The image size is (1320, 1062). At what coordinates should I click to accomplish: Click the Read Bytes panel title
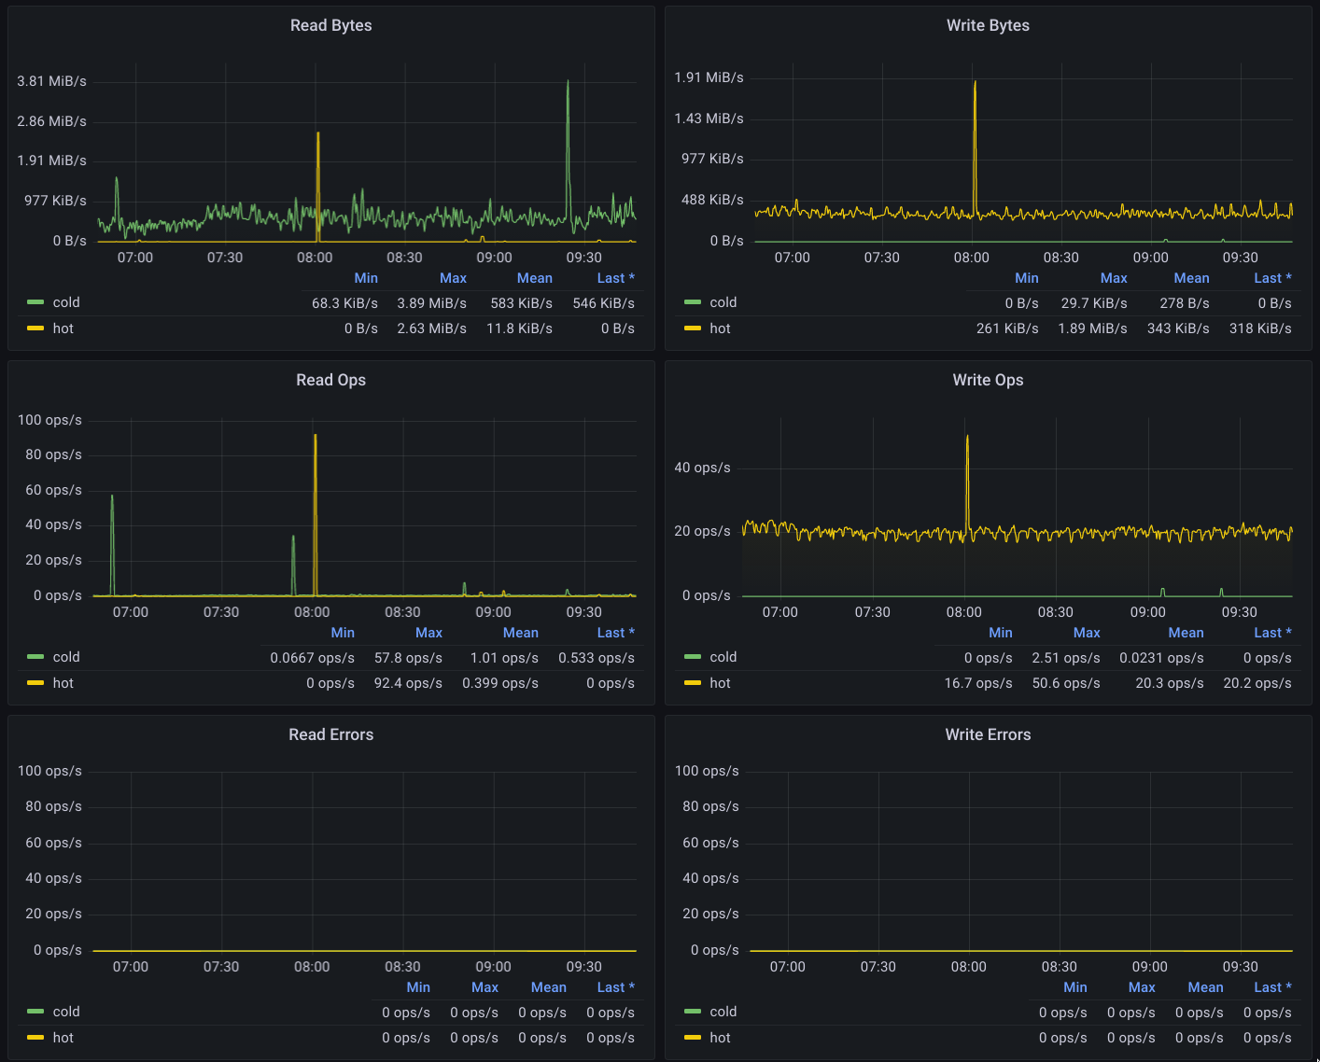click(x=330, y=25)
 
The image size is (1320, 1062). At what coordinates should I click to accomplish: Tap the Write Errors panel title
click(x=988, y=734)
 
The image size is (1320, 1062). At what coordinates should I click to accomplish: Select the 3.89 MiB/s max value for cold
click(x=431, y=303)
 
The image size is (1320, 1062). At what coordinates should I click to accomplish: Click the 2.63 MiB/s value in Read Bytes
click(x=431, y=328)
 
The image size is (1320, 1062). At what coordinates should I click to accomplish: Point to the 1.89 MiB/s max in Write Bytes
click(x=1092, y=328)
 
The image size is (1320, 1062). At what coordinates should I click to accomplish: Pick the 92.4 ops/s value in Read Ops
click(x=408, y=683)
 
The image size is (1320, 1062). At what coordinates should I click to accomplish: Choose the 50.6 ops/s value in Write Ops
click(x=1065, y=683)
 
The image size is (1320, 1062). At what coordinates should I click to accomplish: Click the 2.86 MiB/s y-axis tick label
click(x=51, y=120)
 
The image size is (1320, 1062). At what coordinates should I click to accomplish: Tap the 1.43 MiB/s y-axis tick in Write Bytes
click(x=709, y=119)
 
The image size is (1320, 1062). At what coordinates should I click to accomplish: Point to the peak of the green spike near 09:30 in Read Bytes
click(x=568, y=80)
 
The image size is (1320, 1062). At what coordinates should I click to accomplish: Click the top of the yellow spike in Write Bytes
click(x=975, y=81)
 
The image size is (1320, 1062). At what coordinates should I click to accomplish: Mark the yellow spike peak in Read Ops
click(x=316, y=435)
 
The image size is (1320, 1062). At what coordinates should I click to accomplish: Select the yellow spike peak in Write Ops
click(x=967, y=436)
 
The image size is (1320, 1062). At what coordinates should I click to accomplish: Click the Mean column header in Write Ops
click(x=1185, y=633)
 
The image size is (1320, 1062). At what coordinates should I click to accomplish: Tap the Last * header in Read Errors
click(x=615, y=987)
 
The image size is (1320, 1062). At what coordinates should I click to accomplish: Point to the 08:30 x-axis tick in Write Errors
click(x=1059, y=967)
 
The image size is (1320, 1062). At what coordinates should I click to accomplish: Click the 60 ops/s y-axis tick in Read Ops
click(x=53, y=490)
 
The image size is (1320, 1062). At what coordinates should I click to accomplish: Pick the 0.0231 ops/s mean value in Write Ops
click(x=1161, y=658)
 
